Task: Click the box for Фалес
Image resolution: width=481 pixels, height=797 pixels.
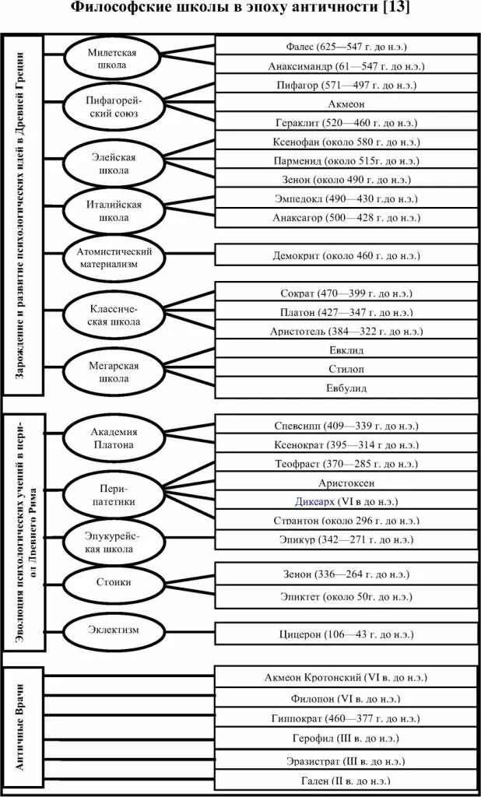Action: (x=346, y=47)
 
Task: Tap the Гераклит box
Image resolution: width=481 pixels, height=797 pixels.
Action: (x=346, y=123)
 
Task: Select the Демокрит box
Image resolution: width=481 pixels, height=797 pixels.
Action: (x=346, y=255)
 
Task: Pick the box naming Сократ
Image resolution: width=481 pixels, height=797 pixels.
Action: (x=346, y=293)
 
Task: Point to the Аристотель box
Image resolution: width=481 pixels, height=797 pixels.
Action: (x=346, y=331)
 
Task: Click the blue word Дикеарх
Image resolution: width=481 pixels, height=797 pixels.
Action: (x=314, y=502)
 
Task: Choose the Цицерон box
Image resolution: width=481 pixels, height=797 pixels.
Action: (x=346, y=634)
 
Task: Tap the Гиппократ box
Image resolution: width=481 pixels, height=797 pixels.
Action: (x=346, y=718)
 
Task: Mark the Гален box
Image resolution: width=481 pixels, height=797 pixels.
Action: (x=346, y=780)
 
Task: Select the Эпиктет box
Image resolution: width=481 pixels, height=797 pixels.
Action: (x=346, y=596)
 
